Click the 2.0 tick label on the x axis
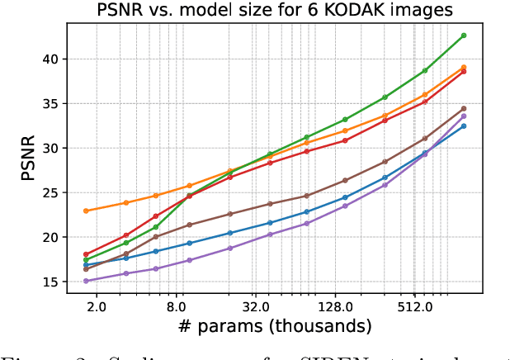pos(96,306)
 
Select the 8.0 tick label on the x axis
pos(176,306)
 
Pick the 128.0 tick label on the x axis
pos(335,306)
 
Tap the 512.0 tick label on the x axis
pos(414,306)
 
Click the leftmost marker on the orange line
pos(86,211)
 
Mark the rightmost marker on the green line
pos(464,36)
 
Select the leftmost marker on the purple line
pos(86,281)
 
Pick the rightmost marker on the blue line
pos(464,126)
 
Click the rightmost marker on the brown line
pos(464,108)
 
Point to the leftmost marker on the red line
pos(86,254)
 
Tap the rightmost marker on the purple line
pos(464,116)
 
